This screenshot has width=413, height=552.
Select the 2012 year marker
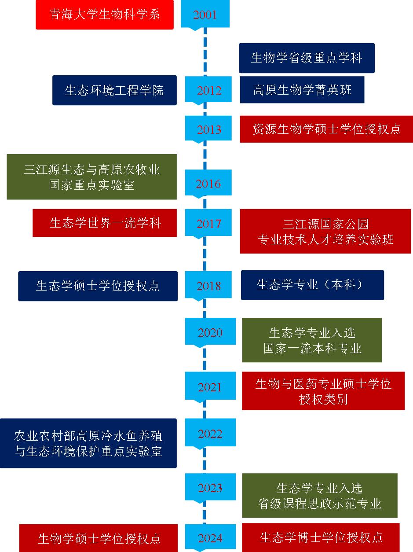point(209,90)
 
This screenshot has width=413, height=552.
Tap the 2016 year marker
point(208,183)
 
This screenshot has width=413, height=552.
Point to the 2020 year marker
point(210,332)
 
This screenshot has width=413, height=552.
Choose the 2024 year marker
point(210,537)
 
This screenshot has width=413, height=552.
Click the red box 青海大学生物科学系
point(105,15)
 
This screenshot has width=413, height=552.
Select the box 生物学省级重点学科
point(307,58)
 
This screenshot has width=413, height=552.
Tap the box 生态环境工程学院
point(114,90)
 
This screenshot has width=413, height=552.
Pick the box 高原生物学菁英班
point(302,90)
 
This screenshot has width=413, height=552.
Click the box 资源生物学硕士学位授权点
point(326,129)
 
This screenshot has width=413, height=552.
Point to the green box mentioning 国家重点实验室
point(91,177)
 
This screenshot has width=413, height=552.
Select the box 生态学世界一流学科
point(105,223)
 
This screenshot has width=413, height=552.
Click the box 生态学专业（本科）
point(312,285)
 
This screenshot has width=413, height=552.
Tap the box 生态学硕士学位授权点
point(98,286)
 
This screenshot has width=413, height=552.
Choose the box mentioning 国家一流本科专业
point(312,340)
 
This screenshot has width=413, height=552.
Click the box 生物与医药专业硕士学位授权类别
point(323,391)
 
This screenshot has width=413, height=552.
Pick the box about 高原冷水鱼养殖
point(88,443)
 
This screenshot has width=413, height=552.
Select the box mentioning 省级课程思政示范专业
point(319,496)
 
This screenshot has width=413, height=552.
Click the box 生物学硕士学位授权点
point(99,538)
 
